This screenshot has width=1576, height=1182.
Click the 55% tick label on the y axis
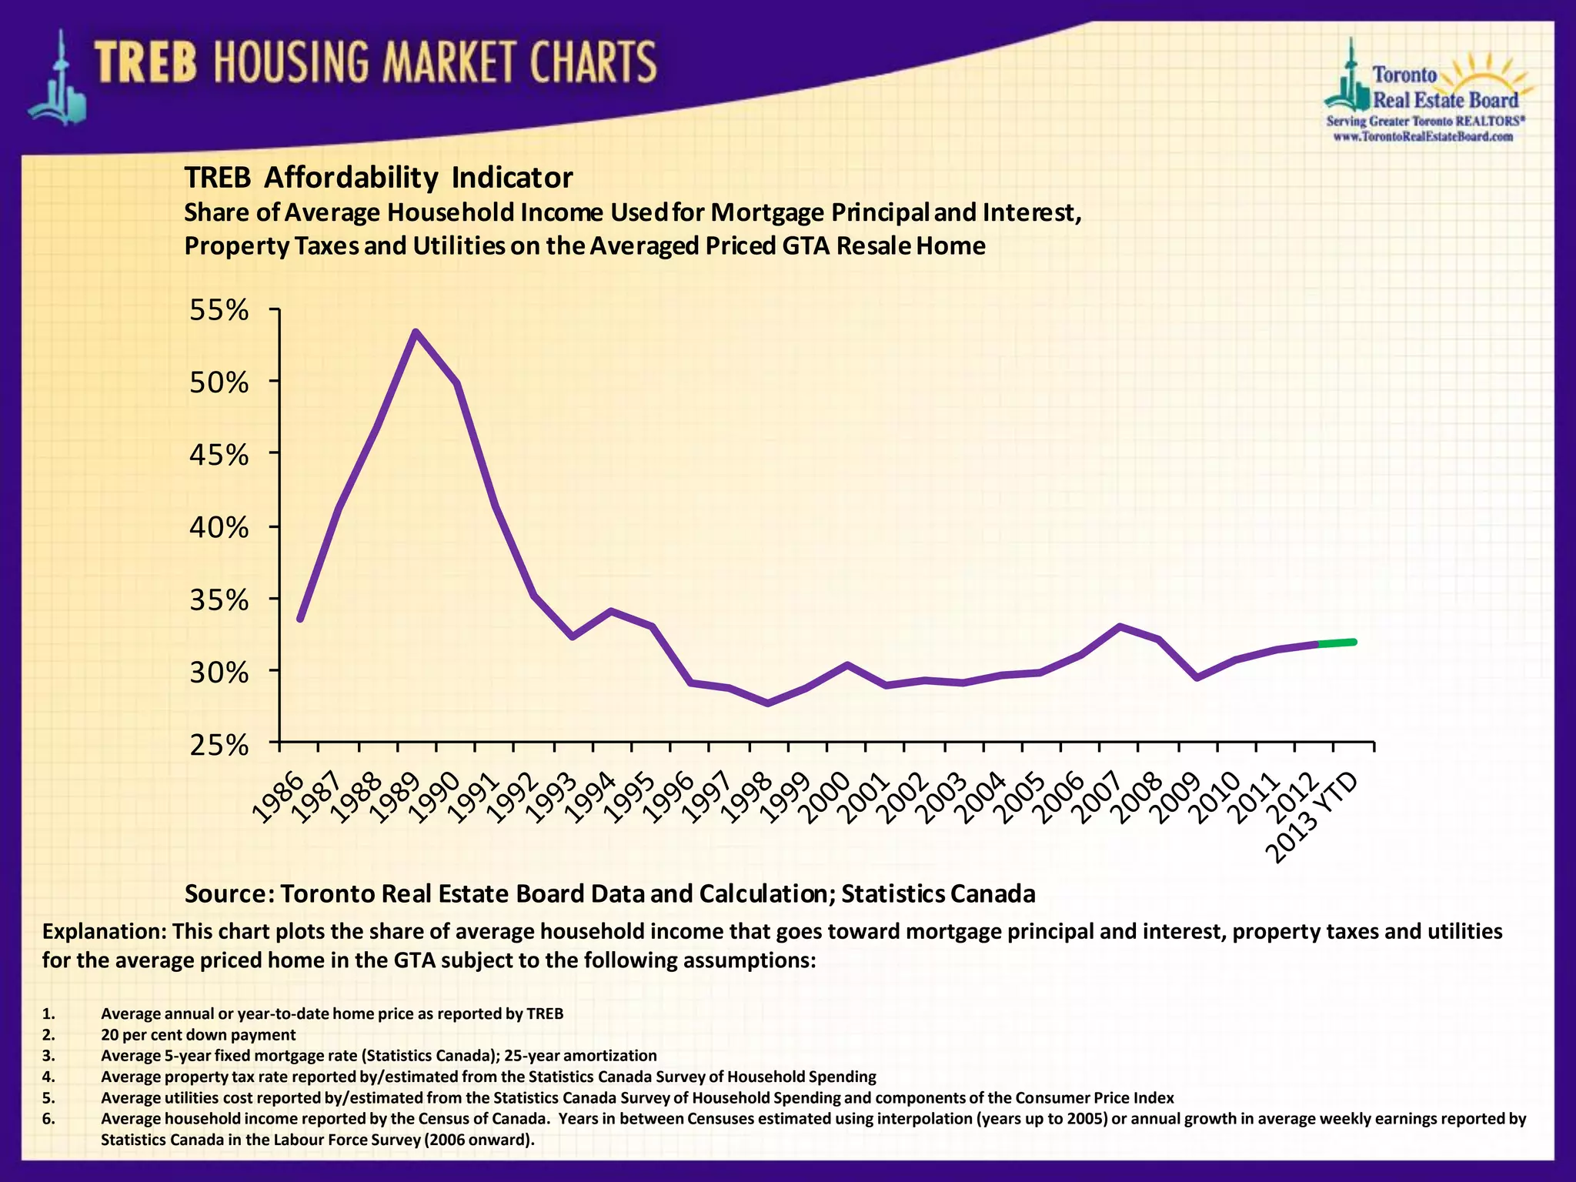tap(219, 311)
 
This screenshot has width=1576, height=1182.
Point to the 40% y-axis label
tap(219, 528)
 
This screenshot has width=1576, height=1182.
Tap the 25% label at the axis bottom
tap(219, 746)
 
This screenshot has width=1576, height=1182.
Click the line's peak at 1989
tap(416, 333)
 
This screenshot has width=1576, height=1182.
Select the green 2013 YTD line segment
tap(1337, 643)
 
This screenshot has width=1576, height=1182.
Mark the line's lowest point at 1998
tap(767, 703)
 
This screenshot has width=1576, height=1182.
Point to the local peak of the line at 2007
tap(1120, 626)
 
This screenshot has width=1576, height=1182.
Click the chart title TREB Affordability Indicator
tap(378, 178)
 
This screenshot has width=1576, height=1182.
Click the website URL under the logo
tap(1423, 137)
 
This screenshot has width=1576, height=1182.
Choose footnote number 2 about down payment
tap(198, 1035)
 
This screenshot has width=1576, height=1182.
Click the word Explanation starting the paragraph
tap(104, 932)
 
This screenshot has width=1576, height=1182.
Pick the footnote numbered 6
tap(48, 1119)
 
